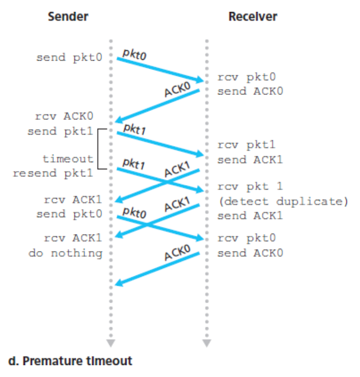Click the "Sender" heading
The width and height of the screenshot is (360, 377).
(x=68, y=16)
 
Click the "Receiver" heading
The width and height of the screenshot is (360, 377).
(x=253, y=16)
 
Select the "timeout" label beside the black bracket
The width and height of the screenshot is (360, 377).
(x=68, y=159)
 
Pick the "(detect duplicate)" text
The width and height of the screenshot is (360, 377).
(x=282, y=202)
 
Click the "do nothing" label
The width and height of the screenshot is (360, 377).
(x=65, y=253)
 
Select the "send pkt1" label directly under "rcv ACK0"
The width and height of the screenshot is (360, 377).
(x=60, y=131)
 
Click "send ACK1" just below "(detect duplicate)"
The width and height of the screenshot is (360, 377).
(x=249, y=216)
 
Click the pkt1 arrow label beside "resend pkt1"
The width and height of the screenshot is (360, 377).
(x=134, y=164)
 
